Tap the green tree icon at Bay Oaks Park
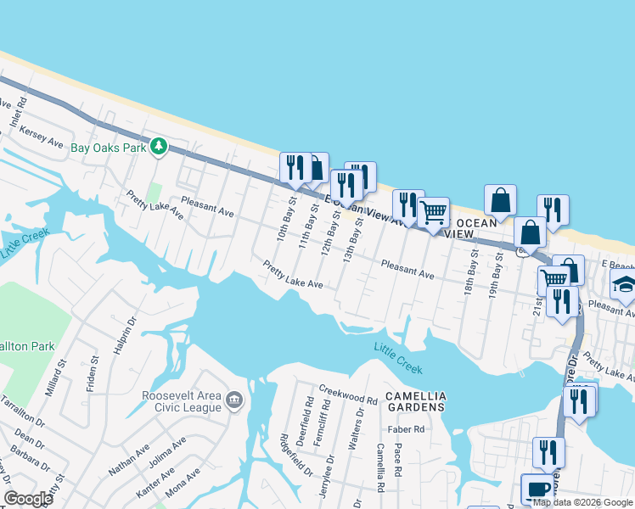(x=158, y=147)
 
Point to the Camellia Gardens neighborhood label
(x=415, y=402)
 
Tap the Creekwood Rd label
(x=347, y=394)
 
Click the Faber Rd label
(x=407, y=429)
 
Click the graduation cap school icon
(x=624, y=285)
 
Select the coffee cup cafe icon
(x=537, y=488)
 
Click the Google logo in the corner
(x=28, y=499)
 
